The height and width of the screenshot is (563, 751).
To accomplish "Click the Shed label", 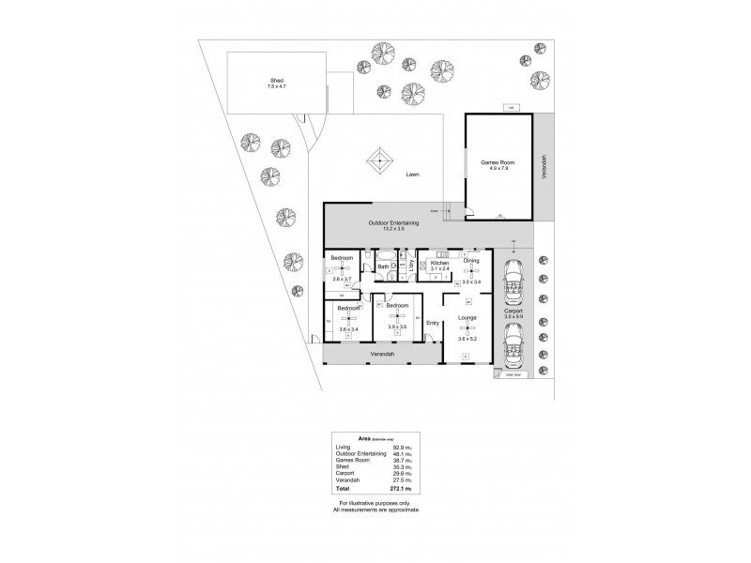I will click(277, 81).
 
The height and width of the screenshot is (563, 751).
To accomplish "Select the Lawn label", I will click(413, 175).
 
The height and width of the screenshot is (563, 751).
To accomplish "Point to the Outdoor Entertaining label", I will click(392, 222).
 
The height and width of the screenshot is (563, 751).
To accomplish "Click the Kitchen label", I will click(440, 263).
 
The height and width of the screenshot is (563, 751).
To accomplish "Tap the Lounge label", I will click(467, 318).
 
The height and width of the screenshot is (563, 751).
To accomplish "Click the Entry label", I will click(433, 324).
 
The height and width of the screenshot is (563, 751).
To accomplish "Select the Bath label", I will click(383, 267).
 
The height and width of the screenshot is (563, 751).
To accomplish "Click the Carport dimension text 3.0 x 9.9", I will click(513, 316).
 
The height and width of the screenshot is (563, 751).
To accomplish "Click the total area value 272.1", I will click(408, 489).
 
